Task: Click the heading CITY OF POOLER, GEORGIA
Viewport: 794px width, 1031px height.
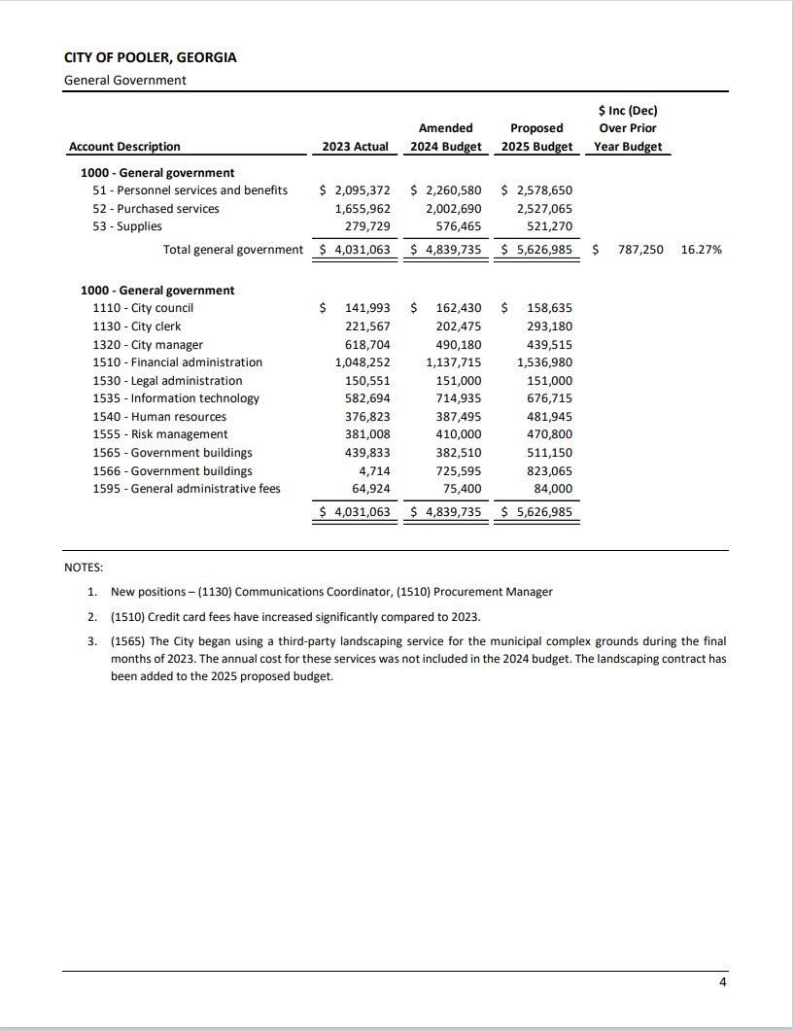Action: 150,57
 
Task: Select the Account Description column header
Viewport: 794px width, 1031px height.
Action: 124,147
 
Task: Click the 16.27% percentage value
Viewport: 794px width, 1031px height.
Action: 702,250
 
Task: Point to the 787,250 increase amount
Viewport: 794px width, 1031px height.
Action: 640,250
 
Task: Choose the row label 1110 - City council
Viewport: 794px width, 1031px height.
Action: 143,308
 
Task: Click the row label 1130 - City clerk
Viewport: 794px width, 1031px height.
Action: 136,326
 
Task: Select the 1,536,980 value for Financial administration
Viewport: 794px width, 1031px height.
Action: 544,362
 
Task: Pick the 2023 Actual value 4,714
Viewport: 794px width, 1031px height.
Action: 374,471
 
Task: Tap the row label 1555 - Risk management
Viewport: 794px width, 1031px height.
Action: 160,434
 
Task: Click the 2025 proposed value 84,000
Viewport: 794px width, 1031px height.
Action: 553,489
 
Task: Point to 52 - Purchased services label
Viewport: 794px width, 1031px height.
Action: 156,209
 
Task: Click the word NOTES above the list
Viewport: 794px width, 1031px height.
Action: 84,567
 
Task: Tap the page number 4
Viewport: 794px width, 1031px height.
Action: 722,982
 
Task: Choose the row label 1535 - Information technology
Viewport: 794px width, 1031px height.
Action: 176,398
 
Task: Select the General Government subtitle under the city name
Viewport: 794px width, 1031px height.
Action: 124,80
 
